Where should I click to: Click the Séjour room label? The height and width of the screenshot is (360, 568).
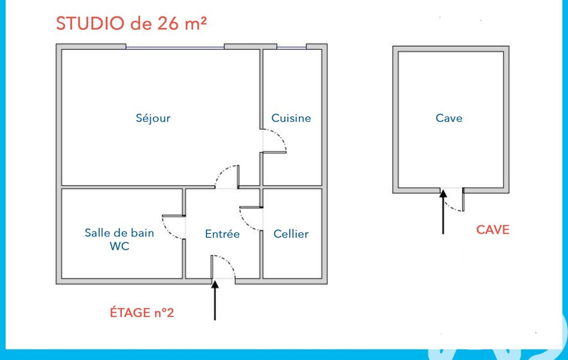[x=153, y=119]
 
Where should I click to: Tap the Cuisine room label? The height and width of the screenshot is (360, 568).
[x=291, y=118]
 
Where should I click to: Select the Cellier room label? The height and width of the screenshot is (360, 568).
[x=291, y=234]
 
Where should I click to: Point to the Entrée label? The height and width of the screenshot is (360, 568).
[x=222, y=234]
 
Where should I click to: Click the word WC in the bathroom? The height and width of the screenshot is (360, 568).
[x=120, y=246]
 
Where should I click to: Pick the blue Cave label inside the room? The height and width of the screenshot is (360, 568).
[x=449, y=118]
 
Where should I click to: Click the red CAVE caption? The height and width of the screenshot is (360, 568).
[x=493, y=230]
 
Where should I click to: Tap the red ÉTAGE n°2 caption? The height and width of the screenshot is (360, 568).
[x=142, y=312]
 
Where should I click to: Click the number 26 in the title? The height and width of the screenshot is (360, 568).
[x=168, y=24]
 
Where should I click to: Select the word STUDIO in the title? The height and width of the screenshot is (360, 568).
[x=90, y=24]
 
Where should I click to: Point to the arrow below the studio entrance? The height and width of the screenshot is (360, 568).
[x=215, y=301]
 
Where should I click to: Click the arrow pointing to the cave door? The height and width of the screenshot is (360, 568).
[x=443, y=212]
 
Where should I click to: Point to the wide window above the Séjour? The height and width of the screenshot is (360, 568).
[x=175, y=48]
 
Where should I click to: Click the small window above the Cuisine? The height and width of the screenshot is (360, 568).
[x=291, y=48]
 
